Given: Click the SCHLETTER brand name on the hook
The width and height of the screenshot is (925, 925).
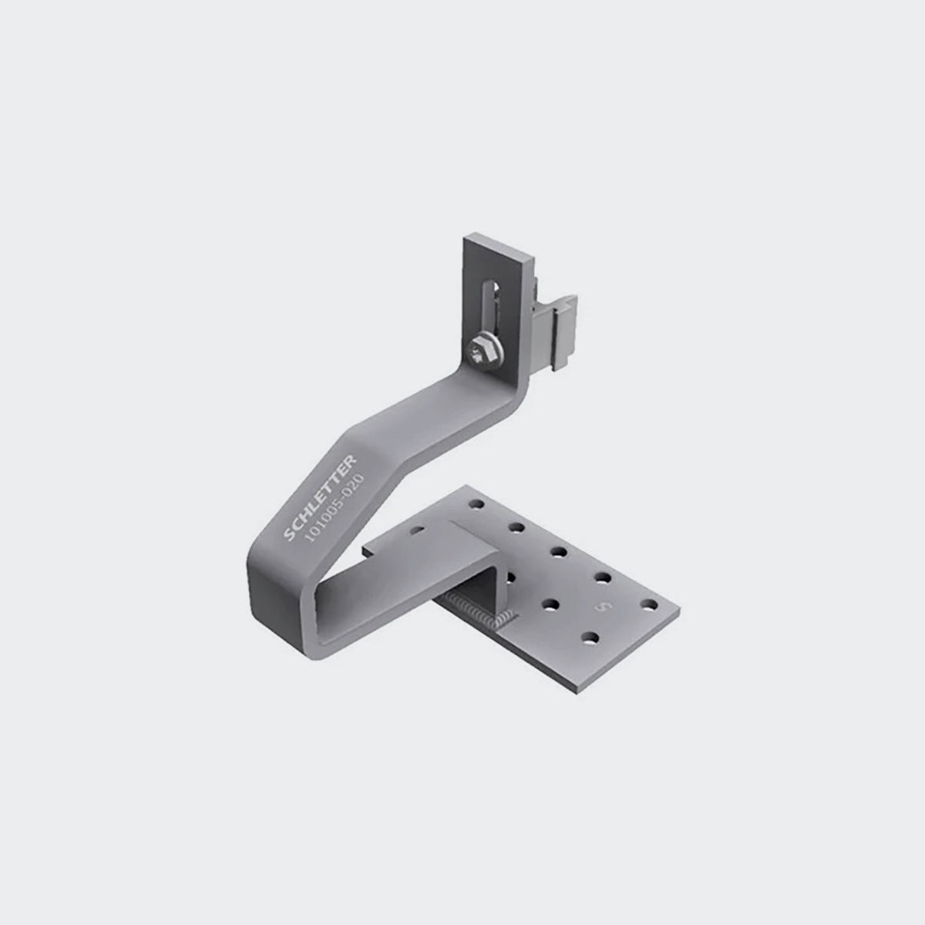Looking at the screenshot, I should click(325, 497).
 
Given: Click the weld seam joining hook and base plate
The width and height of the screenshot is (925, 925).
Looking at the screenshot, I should click(482, 609).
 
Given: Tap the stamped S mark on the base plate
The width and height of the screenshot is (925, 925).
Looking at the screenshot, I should click(602, 608).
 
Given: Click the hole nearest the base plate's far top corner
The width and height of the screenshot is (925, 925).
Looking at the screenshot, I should click(476, 504).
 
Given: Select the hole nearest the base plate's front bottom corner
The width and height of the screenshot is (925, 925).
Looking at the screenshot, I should click(590, 637).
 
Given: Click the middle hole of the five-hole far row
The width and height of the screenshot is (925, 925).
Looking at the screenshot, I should click(559, 552).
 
